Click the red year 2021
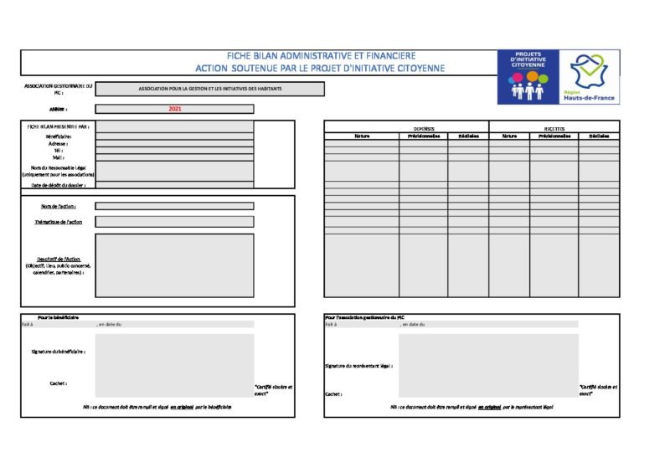174,109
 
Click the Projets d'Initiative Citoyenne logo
528,76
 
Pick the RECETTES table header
554,129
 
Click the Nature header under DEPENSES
362,136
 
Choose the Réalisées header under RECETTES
599,136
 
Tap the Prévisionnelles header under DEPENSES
423,136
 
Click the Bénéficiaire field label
58,136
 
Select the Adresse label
58,143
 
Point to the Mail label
58,157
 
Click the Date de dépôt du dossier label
58,184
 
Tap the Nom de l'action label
59,206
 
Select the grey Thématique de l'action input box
174,222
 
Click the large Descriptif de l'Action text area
174,265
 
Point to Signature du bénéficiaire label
58,352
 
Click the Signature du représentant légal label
358,366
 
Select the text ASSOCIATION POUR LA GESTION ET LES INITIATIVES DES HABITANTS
210,89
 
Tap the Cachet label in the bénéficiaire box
58,383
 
